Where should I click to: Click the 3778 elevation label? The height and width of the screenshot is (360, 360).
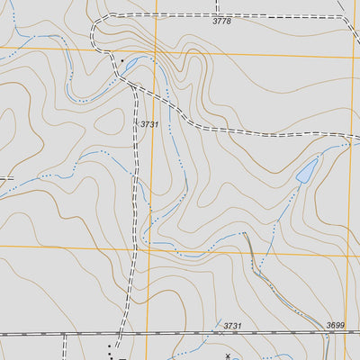click(221, 21)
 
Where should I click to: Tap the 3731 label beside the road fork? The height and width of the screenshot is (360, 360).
click(149, 123)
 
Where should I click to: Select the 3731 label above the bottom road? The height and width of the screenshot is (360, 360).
click(233, 325)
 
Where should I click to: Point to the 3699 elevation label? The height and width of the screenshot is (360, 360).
click(336, 325)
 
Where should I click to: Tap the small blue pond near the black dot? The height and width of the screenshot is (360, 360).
click(130, 65)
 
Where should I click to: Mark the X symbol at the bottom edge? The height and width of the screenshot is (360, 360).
click(227, 356)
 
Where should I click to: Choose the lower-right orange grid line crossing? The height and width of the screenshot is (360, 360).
click(349, 255)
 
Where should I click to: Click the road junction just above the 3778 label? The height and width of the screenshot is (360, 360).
click(217, 13)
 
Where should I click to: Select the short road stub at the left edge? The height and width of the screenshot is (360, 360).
click(5, 177)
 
